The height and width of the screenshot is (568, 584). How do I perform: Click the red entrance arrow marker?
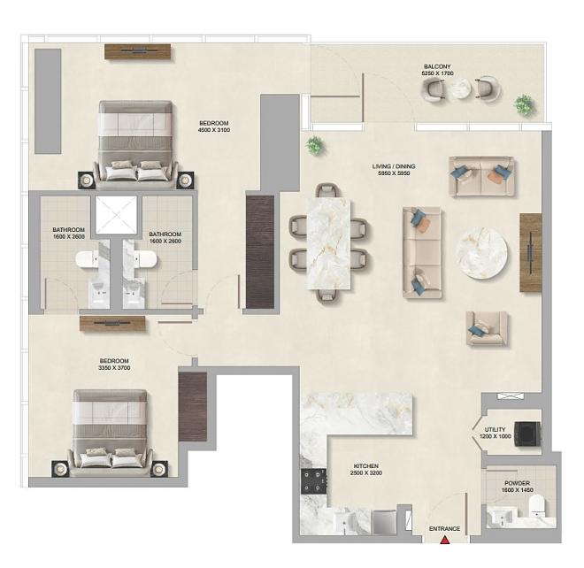click(444, 540)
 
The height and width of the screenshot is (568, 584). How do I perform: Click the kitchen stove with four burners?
click(313, 480)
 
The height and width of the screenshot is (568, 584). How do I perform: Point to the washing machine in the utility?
click(527, 434)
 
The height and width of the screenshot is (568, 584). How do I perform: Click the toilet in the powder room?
click(537, 506)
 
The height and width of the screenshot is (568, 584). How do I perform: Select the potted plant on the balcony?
click(524, 105)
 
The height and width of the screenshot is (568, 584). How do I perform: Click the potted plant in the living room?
click(315, 145)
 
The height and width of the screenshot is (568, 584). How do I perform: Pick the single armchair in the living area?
click(487, 328)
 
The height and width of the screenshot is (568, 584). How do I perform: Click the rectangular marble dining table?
click(328, 243)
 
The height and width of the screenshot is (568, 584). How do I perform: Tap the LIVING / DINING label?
click(393, 166)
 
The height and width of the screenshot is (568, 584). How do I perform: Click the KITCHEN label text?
click(365, 466)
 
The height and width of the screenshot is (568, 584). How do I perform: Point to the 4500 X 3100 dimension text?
click(214, 130)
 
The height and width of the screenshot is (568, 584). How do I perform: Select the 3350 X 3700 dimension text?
click(114, 368)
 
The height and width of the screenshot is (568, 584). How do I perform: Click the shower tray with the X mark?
click(116, 215)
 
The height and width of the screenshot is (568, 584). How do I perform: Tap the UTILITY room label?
click(495, 429)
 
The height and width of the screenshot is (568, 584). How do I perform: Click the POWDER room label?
click(517, 483)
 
